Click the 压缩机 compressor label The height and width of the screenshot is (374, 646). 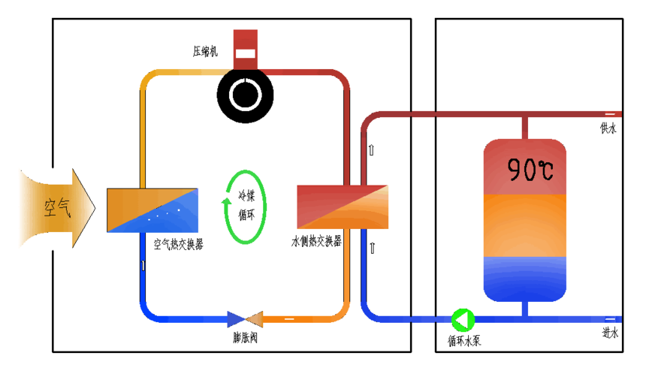[205, 51]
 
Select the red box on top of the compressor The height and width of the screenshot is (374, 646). [246, 50]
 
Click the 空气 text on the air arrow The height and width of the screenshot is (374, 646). [58, 207]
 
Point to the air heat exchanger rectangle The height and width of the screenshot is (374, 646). [152, 210]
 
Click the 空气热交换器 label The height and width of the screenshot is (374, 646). [178, 244]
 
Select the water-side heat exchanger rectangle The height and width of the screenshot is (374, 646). [343, 207]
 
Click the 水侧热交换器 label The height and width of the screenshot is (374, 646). [316, 241]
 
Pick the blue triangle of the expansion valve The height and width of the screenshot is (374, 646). [236, 319]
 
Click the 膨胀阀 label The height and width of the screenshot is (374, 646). [245, 338]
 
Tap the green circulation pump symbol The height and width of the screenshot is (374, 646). [463, 320]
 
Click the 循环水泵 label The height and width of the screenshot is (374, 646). [464, 341]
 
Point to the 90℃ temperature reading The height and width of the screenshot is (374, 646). [530, 170]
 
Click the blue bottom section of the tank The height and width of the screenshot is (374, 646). [525, 279]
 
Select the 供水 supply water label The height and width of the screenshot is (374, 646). [608, 128]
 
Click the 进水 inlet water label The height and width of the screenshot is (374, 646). [610, 333]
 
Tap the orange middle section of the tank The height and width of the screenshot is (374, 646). [525, 225]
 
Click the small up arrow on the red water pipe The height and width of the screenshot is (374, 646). [371, 150]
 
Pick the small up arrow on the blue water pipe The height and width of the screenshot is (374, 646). [373, 248]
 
